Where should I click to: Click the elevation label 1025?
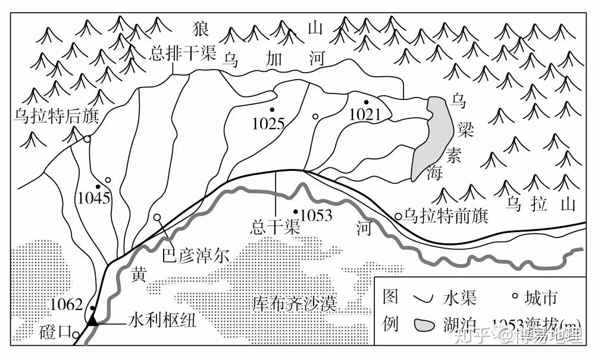click(x=268, y=124)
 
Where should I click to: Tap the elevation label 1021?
click(x=364, y=114)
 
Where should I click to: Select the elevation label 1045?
click(x=94, y=198)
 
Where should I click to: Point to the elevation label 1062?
click(x=66, y=305)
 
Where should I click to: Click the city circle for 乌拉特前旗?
click(x=398, y=216)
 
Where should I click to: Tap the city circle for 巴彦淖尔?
click(x=158, y=218)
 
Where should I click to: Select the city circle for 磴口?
click(x=76, y=336)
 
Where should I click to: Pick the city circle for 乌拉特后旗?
click(x=87, y=139)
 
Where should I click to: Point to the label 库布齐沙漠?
click(x=295, y=305)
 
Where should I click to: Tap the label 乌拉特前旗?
click(x=446, y=215)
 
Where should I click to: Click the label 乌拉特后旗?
click(x=55, y=116)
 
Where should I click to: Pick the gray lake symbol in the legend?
click(x=424, y=325)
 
